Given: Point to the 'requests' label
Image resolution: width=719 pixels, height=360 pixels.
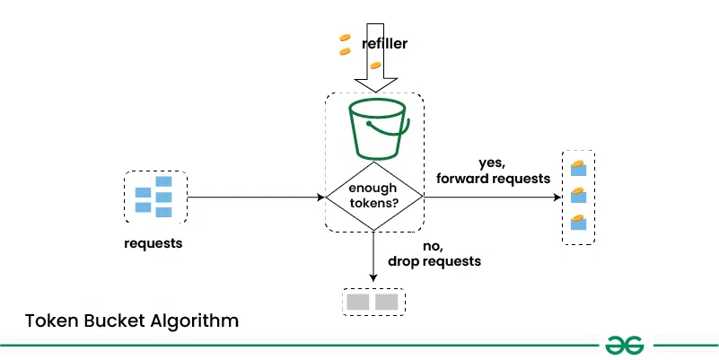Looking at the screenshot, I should [153, 243].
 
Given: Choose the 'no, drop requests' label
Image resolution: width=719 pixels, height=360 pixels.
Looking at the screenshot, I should [434, 254].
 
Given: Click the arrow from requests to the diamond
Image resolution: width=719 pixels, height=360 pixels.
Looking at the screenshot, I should [256, 197].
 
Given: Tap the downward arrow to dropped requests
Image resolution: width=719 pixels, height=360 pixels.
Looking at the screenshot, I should [374, 256].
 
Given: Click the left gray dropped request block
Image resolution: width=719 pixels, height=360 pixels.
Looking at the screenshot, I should [358, 302].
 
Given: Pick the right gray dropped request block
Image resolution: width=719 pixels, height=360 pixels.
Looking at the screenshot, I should [387, 302].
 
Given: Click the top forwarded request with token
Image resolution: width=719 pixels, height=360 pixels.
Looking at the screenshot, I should [578, 167].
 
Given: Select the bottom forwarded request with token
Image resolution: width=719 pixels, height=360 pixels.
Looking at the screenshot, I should [578, 222].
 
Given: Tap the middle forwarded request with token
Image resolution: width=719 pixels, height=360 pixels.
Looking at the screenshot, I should [578, 195].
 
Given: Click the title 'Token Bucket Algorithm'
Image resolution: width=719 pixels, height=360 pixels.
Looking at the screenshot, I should [132, 320].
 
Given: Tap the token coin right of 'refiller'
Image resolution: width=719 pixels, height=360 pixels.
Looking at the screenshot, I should [375, 66].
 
